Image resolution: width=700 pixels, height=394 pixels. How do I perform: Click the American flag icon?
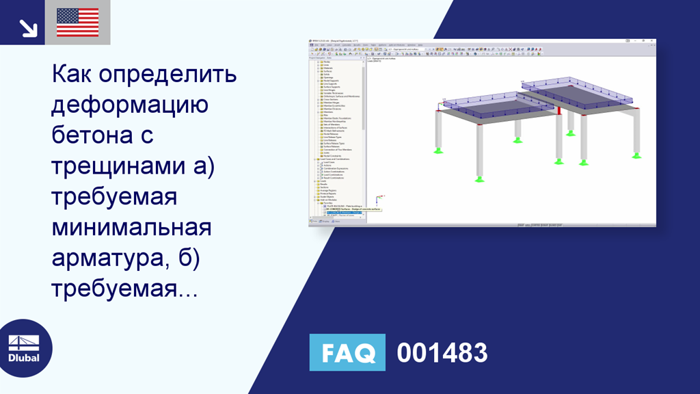pos(77,23)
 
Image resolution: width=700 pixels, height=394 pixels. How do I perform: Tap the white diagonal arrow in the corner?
pos(27,27)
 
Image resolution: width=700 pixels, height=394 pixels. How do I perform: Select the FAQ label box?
pos(347,353)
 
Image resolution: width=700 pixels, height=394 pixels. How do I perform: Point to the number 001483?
pos(442,353)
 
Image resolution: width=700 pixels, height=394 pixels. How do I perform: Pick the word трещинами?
pos(119,166)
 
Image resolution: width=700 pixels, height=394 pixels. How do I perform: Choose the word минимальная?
pos(131,228)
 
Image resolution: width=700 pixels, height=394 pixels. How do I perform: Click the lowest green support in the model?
pos(480,180)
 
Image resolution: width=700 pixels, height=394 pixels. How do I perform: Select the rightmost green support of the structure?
pos(636,155)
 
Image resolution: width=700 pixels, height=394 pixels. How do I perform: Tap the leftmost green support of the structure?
pos(437,150)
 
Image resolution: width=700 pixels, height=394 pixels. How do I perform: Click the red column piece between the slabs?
pos(559,110)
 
